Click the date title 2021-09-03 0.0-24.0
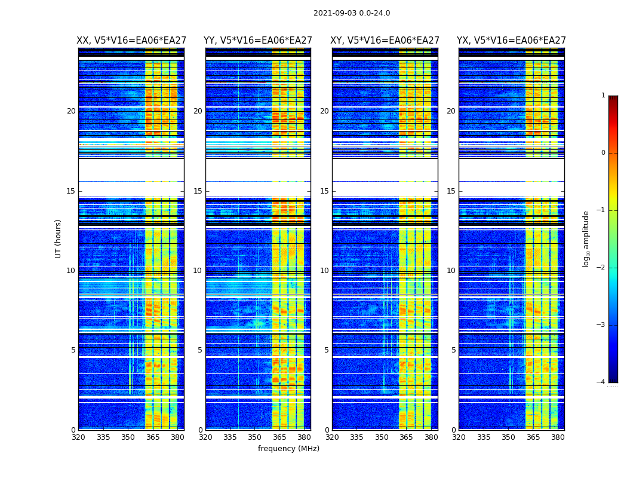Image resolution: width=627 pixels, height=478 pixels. pyautogui.click(x=352, y=13)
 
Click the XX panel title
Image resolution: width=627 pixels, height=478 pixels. pyautogui.click(x=131, y=41)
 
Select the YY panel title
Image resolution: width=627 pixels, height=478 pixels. pyautogui.click(x=258, y=41)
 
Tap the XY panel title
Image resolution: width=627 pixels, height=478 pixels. pyautogui.click(x=385, y=41)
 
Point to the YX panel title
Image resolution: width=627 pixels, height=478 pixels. pyautogui.click(x=511, y=41)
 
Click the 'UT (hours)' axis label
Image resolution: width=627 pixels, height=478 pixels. pyautogui.click(x=59, y=238)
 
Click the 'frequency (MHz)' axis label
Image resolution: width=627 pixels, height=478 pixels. pyautogui.click(x=288, y=449)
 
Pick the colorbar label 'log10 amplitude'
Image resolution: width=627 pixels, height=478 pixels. pyautogui.click(x=586, y=238)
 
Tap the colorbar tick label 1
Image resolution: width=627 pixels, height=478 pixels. pyautogui.click(x=603, y=96)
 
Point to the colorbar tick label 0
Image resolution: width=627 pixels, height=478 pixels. pyautogui.click(x=603, y=153)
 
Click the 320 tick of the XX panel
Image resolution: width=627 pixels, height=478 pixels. pyautogui.click(x=78, y=437)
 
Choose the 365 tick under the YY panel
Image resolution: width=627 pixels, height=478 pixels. pyautogui.click(x=279, y=437)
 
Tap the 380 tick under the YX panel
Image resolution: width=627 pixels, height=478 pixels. pyautogui.click(x=558, y=437)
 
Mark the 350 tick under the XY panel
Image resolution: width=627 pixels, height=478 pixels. pyautogui.click(x=382, y=437)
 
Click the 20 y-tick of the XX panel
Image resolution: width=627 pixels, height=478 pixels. pyautogui.click(x=71, y=111)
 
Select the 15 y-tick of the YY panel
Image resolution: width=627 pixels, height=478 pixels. pyautogui.click(x=198, y=191)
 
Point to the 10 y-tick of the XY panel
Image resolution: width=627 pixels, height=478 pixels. pyautogui.click(x=324, y=271)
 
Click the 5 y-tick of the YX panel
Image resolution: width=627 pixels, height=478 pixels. pyautogui.click(x=453, y=350)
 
